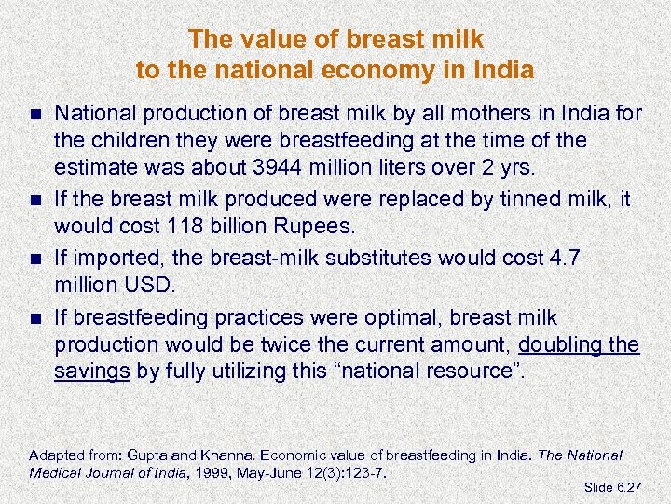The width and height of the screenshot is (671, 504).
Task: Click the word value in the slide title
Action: point(253,39)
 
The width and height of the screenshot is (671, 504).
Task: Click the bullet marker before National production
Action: point(35,115)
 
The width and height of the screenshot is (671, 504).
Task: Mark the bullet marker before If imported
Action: point(35,259)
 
